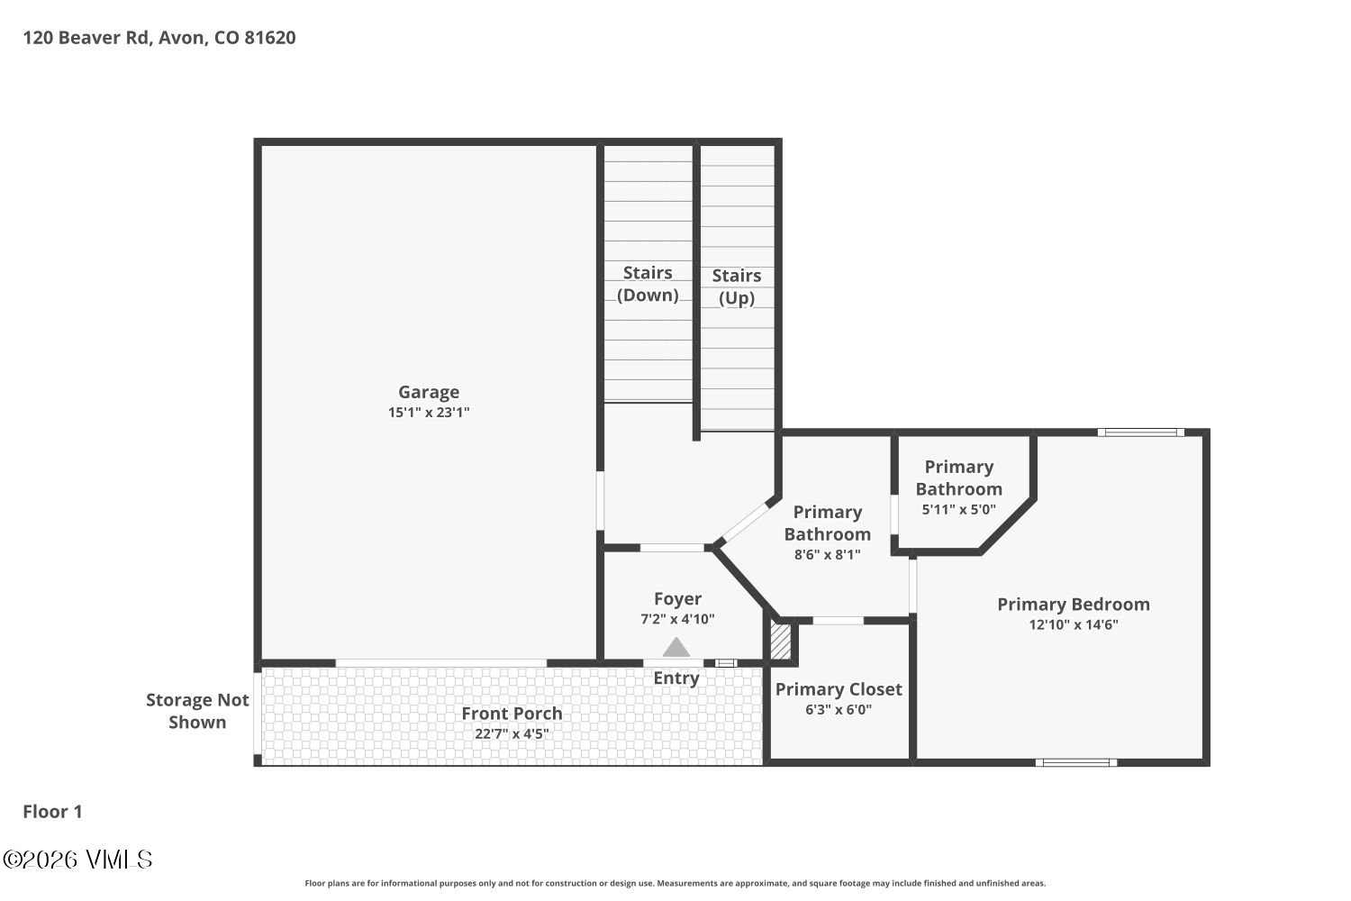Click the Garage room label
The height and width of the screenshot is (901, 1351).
click(429, 392)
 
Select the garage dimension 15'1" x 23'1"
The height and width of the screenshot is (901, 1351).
click(429, 413)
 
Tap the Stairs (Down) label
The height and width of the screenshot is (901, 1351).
click(648, 284)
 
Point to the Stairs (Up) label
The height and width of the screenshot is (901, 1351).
click(737, 287)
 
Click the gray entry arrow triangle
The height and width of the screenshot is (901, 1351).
click(676, 648)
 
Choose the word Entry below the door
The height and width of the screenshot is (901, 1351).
click(676, 678)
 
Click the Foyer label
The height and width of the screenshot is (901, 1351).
click(677, 599)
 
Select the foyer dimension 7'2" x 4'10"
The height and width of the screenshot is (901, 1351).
click(677, 619)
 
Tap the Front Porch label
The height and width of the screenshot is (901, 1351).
click(512, 714)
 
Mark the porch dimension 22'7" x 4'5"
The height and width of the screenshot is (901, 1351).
click(512, 733)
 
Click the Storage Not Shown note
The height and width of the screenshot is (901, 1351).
click(197, 711)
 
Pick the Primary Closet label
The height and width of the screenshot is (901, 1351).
click(839, 689)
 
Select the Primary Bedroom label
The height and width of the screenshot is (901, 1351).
click(1073, 605)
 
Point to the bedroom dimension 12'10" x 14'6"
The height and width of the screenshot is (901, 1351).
click(1073, 624)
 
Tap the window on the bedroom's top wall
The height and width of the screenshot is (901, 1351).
click(1140, 432)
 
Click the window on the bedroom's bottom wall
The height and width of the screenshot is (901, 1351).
click(1075, 763)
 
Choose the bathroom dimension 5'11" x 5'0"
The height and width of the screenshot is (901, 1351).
click(958, 509)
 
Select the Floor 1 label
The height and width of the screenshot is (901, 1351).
click(52, 812)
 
